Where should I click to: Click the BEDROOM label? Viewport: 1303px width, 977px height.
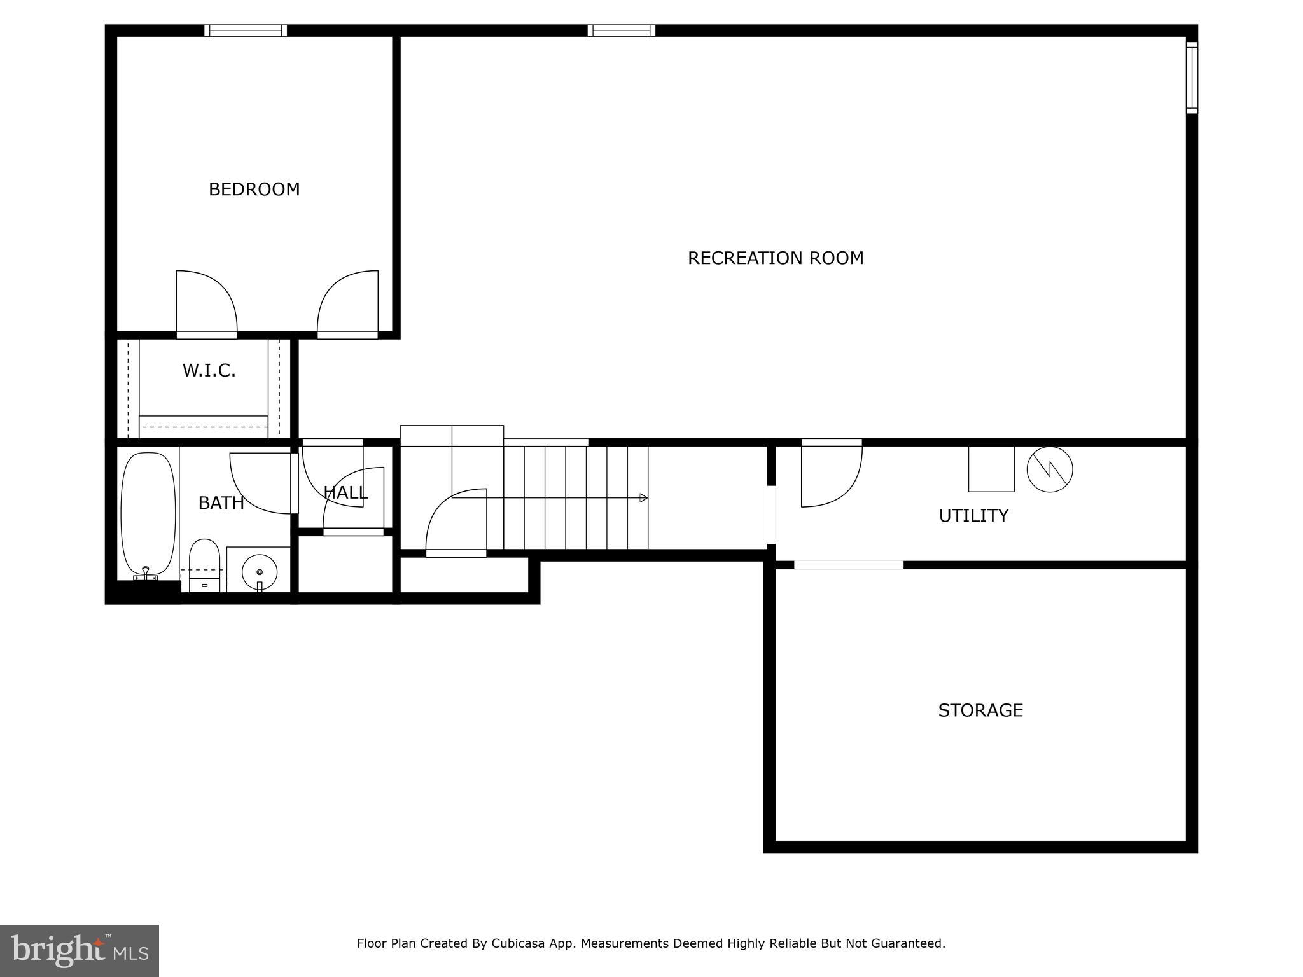(x=254, y=190)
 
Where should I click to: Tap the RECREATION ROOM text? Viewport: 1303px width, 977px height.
(x=775, y=258)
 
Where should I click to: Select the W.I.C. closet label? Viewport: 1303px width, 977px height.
(x=209, y=371)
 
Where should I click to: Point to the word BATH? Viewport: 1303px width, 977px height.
(x=221, y=503)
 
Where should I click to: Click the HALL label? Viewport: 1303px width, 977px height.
(x=345, y=492)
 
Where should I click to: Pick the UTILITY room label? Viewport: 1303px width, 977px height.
(x=973, y=516)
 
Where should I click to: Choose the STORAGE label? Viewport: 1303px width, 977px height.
(x=980, y=710)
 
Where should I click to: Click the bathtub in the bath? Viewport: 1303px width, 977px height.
(x=148, y=513)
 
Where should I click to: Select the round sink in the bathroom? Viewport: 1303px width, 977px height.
(x=260, y=568)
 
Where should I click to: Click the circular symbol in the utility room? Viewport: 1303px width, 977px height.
(x=1049, y=469)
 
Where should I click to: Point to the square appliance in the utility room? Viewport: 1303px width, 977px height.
(x=991, y=469)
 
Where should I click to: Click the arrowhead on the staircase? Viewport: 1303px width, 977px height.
(x=643, y=498)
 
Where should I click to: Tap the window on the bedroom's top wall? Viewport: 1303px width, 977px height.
(x=246, y=31)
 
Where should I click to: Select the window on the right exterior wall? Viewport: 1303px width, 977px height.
(x=1192, y=78)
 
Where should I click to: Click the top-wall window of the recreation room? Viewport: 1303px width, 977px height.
(x=621, y=31)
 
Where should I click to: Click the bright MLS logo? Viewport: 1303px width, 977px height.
(x=80, y=951)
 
